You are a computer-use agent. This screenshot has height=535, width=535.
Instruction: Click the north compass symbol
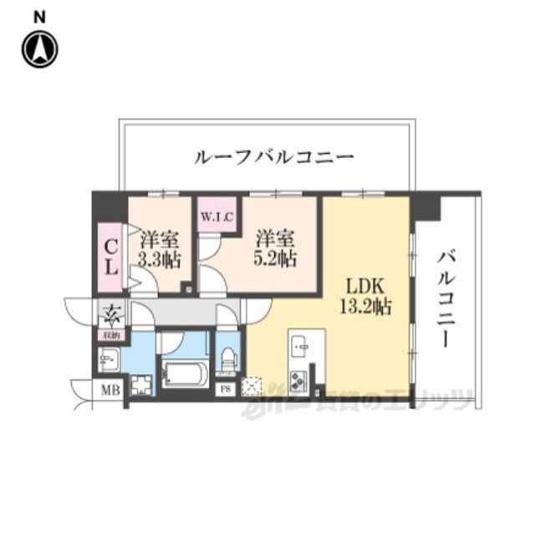tap(39, 49)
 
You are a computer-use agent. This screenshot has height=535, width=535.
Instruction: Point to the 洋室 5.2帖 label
tap(275, 247)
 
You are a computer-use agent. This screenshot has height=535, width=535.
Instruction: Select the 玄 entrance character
tap(111, 315)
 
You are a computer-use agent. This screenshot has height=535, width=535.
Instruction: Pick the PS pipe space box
tap(224, 388)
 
